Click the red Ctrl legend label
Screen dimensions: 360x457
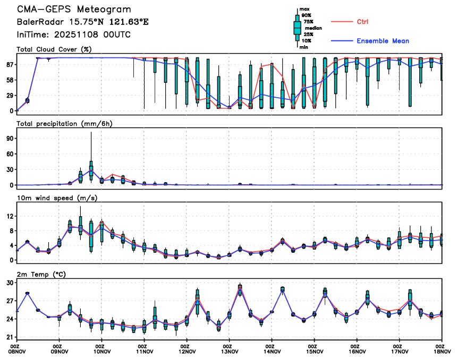[x=362, y=22]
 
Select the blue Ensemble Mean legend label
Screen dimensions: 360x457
[x=383, y=41]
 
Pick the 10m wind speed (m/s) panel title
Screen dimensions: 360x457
[x=53, y=199]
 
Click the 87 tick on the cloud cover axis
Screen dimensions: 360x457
[x=10, y=64]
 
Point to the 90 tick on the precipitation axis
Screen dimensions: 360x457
[x=10, y=138]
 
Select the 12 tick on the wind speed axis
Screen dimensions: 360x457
[x=10, y=216]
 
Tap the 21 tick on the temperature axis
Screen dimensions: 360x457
[x=10, y=337]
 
